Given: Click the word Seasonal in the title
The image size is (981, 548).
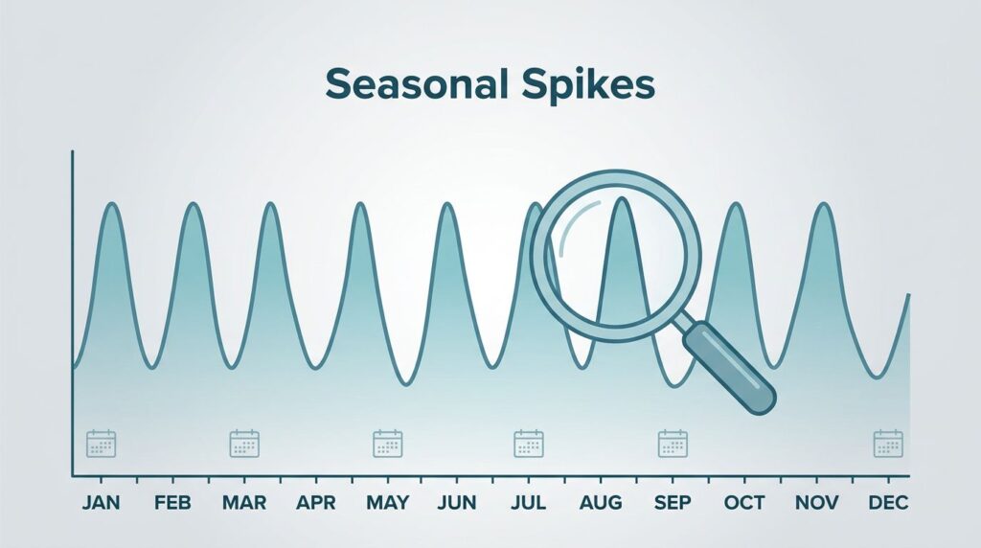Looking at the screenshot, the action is click(416, 84).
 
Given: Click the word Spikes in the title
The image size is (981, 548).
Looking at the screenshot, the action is click(588, 85).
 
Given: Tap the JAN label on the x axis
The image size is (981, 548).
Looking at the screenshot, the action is click(101, 502).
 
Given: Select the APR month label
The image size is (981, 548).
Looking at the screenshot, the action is click(316, 502).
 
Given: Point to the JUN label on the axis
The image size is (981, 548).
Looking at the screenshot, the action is click(457, 502).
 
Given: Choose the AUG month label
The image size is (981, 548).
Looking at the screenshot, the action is click(601, 502).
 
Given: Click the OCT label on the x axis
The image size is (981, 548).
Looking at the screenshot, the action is click(744, 502).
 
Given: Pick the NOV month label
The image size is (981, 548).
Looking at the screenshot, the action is click(816, 502).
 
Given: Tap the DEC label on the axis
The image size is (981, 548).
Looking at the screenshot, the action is click(888, 502).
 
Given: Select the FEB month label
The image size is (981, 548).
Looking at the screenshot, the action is click(172, 502).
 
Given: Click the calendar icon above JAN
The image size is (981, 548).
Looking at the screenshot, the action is click(101, 444).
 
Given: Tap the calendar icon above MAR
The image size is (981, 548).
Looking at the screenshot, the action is click(244, 444).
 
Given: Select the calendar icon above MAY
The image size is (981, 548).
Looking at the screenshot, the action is click(388, 444).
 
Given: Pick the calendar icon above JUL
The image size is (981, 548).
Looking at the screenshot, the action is click(529, 444).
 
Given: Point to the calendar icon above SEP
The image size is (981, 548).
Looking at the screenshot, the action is click(673, 444).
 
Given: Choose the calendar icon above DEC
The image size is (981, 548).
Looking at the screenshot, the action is click(888, 444).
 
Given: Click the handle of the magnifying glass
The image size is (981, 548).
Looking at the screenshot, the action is click(729, 367).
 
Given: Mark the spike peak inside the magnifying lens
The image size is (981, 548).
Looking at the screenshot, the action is click(621, 199).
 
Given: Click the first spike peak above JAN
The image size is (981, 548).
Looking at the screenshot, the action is click(113, 204).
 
